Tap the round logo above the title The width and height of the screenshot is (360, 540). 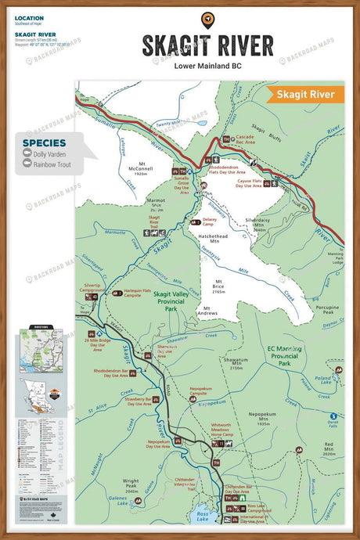coord(207,20)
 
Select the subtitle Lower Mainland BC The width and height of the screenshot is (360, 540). coord(207,67)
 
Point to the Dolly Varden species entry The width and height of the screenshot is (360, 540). coord(50,155)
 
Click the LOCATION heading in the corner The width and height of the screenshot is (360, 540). coord(29,18)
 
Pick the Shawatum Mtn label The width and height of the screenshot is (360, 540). coord(235,363)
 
